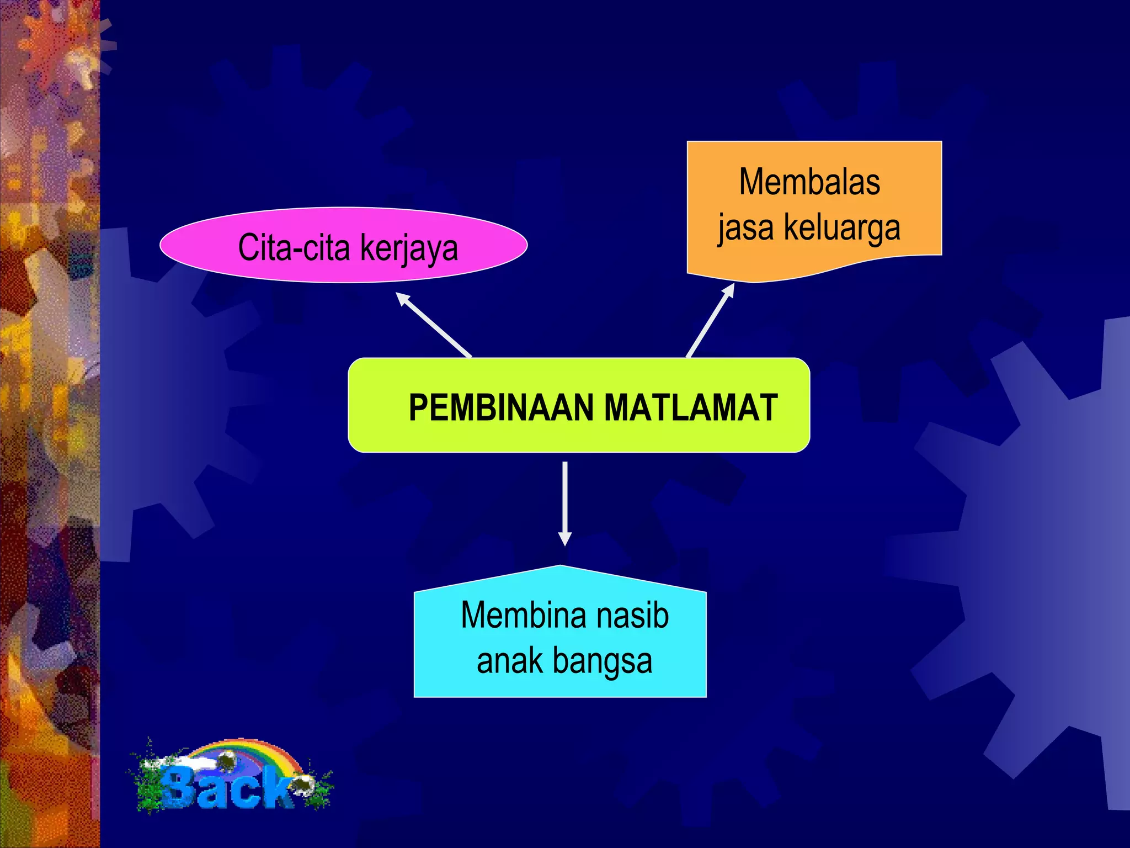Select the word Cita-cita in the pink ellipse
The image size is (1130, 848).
293,247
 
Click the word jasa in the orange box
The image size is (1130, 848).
745,227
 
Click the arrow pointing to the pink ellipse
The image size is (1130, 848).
434,325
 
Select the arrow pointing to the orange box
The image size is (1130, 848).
711,320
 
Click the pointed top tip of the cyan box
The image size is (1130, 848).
561,566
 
